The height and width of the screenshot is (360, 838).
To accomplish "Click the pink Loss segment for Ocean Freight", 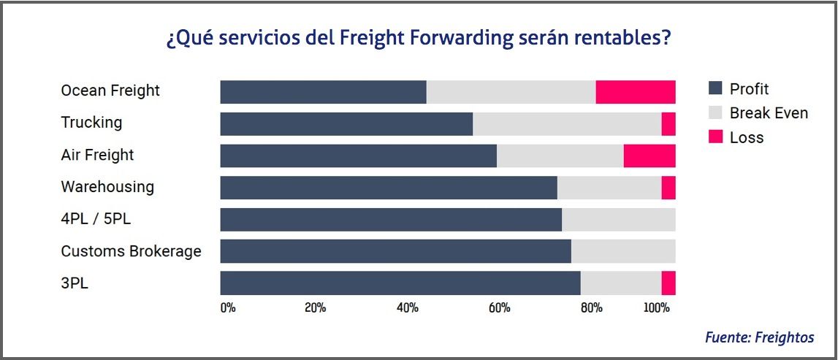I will click(635, 92).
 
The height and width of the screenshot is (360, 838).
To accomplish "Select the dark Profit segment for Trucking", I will click(346, 124).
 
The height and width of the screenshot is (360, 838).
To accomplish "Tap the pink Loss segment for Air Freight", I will click(649, 156).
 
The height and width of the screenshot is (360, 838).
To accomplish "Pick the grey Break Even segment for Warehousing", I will click(609, 188).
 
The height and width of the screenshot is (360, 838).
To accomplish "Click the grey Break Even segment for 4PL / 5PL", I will click(618, 220).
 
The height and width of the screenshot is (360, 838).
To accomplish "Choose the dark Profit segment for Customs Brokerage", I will click(395, 251).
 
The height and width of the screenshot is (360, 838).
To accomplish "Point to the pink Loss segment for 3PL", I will click(668, 283).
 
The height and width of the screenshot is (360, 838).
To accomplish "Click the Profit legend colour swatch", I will click(715, 89).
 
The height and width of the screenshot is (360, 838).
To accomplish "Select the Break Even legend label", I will click(769, 113).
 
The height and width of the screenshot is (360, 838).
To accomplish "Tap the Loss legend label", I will click(747, 137).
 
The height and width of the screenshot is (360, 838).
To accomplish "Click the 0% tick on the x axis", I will click(228, 307).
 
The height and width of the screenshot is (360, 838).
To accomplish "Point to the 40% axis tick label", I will click(407, 307).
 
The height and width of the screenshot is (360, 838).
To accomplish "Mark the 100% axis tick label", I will click(656, 307).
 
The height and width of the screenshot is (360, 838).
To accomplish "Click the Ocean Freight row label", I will click(110, 91).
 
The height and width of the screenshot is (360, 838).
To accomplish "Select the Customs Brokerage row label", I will click(131, 251).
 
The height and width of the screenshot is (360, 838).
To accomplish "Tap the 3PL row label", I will click(75, 283).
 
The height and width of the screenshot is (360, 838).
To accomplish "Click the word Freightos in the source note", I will click(785, 337).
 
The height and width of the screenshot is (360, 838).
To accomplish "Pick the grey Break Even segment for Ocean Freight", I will click(511, 92).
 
